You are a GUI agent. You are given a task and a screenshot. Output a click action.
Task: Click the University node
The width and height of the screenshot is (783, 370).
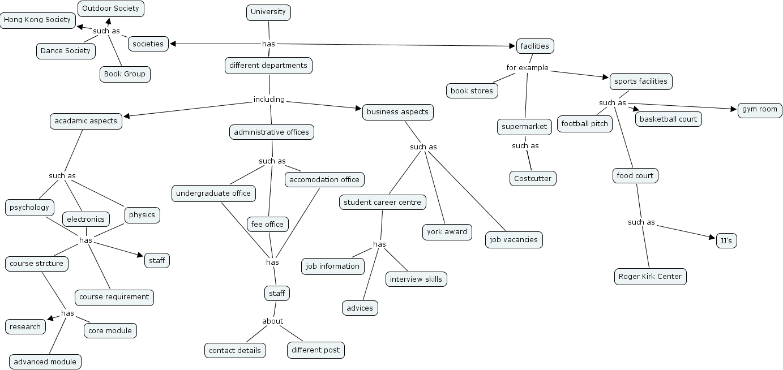[x=268, y=12]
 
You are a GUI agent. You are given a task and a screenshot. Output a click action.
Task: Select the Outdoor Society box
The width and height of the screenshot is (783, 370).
[x=110, y=8]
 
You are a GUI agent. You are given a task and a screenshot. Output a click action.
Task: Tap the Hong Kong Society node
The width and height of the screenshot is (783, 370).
[x=37, y=20]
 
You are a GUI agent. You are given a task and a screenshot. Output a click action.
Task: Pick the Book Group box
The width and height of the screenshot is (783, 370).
[x=125, y=74]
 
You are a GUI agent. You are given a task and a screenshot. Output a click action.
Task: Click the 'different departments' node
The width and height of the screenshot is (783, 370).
[x=268, y=66]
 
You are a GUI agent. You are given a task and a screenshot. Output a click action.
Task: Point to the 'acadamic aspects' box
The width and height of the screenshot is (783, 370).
[x=85, y=121]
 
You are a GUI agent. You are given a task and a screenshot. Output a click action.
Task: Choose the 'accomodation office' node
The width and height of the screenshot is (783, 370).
[x=324, y=180]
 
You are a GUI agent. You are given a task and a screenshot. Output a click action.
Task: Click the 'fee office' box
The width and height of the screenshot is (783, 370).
[x=267, y=225]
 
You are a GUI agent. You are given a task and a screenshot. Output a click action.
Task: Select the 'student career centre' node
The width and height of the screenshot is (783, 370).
[x=382, y=203]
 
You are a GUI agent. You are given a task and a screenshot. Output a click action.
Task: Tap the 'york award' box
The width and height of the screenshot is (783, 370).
[x=447, y=232]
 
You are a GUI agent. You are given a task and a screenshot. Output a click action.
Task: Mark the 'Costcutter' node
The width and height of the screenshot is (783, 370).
[x=533, y=179]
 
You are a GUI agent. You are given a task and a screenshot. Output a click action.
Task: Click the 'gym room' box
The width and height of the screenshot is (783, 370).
[x=760, y=110]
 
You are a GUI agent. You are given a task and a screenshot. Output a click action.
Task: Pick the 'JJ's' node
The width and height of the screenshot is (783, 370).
[x=726, y=241]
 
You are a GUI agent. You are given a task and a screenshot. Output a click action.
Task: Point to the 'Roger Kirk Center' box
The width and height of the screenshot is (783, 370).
[x=650, y=277]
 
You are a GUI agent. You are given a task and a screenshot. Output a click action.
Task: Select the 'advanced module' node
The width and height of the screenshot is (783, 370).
[x=45, y=362]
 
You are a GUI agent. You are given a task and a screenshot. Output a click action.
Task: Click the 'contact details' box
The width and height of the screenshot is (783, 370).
[x=235, y=351]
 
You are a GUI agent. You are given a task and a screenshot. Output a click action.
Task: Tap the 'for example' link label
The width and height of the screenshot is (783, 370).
[x=527, y=68]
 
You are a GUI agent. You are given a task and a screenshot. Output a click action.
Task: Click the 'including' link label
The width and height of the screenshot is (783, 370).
[x=269, y=100]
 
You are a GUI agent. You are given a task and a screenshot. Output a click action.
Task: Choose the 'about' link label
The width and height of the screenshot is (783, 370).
[x=272, y=321]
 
